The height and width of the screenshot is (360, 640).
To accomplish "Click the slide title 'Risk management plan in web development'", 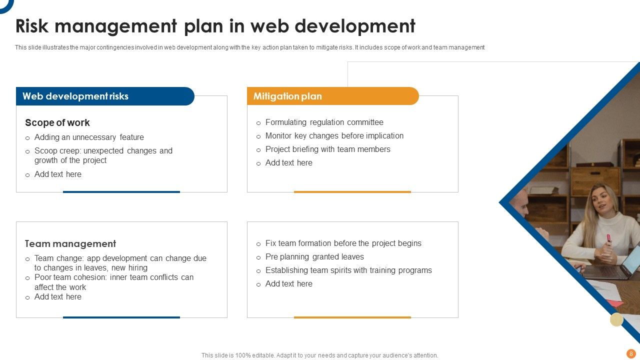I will pos(215,26).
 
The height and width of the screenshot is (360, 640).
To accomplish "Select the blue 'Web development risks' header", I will pos(75,96).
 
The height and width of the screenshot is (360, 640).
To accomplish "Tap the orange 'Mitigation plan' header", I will pos(287,96).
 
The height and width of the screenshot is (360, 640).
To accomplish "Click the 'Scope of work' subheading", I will pos(57,123).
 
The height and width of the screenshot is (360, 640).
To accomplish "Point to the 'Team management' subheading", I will pos(70,244).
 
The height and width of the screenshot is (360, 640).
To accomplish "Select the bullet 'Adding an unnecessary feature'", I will pos(89,137).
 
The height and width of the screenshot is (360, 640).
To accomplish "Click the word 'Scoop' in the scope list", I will pos(45,151).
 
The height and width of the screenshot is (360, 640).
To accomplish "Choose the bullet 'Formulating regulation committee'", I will pos(324,122).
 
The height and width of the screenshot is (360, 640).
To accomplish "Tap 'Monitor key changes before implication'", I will pos(334,136).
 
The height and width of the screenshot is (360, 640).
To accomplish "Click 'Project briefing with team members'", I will pos(327,149).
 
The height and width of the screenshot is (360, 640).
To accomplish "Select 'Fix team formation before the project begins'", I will pos(343,243).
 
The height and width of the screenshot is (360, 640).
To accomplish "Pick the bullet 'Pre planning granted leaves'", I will pos(314,257).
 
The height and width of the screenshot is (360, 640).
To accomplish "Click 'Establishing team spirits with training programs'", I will pos(348,270).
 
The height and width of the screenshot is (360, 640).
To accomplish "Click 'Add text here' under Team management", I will pos(57,297).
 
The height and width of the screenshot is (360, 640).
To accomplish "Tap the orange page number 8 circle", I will pos(631,353).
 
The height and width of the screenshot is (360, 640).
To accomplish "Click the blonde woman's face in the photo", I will pos(601,198).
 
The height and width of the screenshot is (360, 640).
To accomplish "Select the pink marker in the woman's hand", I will pos(608,239).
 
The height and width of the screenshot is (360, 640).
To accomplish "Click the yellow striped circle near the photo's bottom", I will pos(616,319).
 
